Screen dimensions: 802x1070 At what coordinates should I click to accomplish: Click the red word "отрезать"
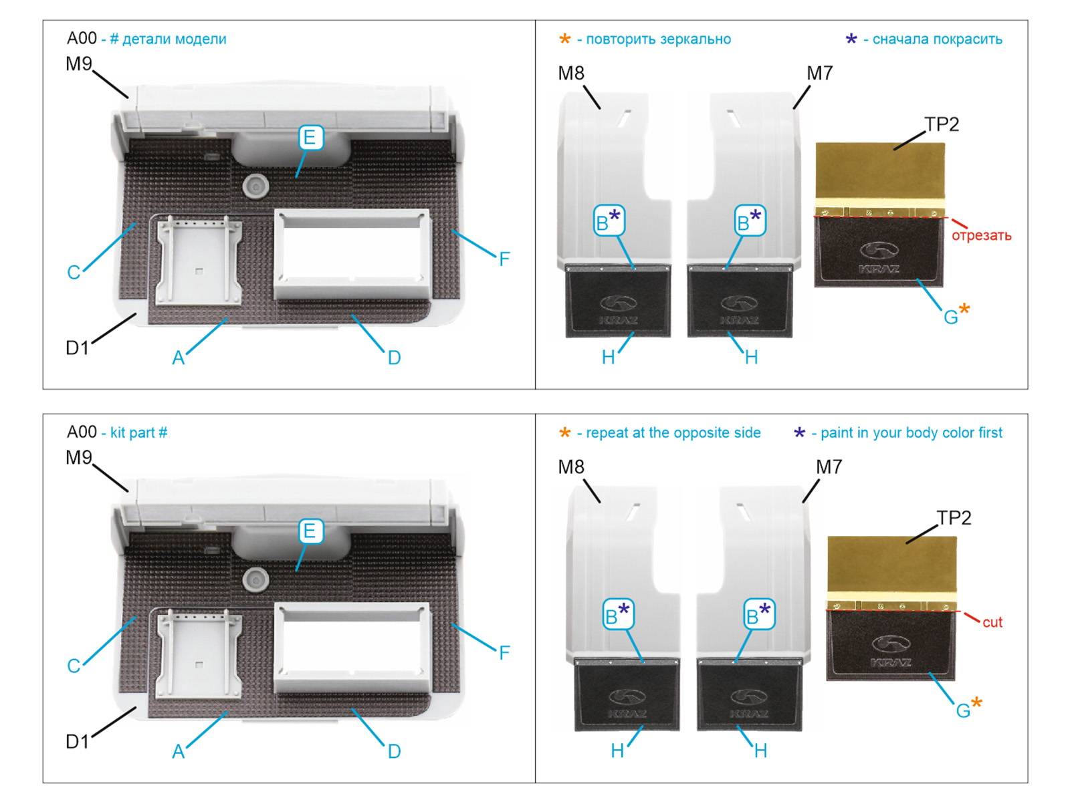coord(981,235)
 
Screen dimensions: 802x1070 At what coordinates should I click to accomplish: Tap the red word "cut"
coord(992,622)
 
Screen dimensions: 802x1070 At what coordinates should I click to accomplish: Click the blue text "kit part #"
coord(138,432)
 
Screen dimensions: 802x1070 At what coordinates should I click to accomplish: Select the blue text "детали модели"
coord(174,39)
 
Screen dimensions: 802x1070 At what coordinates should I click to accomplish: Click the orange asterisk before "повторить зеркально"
coord(565,39)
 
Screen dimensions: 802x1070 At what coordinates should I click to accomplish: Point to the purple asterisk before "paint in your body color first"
coord(799,433)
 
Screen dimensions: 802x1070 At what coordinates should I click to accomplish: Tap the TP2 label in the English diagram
coord(954,518)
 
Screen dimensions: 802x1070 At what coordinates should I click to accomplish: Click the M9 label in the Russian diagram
coord(79,64)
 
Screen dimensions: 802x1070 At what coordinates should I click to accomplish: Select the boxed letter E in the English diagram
coord(309,531)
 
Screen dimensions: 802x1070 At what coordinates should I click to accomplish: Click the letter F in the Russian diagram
coord(504,259)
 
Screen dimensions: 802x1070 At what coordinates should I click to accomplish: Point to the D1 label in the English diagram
coord(77,741)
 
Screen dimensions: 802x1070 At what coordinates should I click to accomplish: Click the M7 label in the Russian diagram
coord(820,74)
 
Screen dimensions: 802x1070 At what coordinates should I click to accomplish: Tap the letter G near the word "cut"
coord(963,710)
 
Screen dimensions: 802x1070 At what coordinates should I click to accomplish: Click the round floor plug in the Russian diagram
coord(255,185)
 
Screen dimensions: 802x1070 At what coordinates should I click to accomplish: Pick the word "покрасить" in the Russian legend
coord(970,39)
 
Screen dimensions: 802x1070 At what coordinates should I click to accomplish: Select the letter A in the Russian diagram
coord(178,358)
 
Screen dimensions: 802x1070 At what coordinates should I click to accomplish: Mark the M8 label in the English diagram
coord(571,467)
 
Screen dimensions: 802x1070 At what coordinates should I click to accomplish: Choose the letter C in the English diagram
coord(74,666)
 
